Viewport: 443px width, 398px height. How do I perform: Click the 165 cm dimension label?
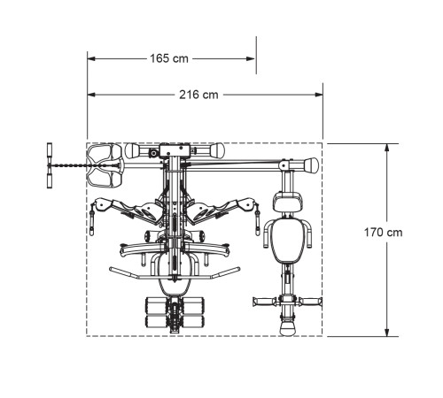pyautogui.click(x=169, y=58)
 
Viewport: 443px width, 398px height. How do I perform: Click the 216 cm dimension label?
pyautogui.click(x=198, y=95)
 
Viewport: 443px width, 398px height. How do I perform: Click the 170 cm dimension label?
pyautogui.click(x=383, y=233)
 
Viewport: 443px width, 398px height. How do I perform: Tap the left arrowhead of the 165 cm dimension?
pyautogui.click(x=91, y=58)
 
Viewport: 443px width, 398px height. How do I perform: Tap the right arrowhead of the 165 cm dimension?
pyautogui.click(x=251, y=58)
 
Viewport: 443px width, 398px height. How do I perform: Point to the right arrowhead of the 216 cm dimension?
pyautogui.click(x=319, y=95)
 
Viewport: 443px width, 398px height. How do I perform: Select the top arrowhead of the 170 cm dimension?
pyautogui.click(x=387, y=148)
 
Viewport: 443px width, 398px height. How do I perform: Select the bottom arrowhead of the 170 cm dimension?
pyautogui.click(x=387, y=333)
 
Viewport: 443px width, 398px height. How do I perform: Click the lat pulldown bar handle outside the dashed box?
pyautogui.click(x=50, y=165)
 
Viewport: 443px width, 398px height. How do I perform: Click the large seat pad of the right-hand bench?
pyautogui.click(x=287, y=241)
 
